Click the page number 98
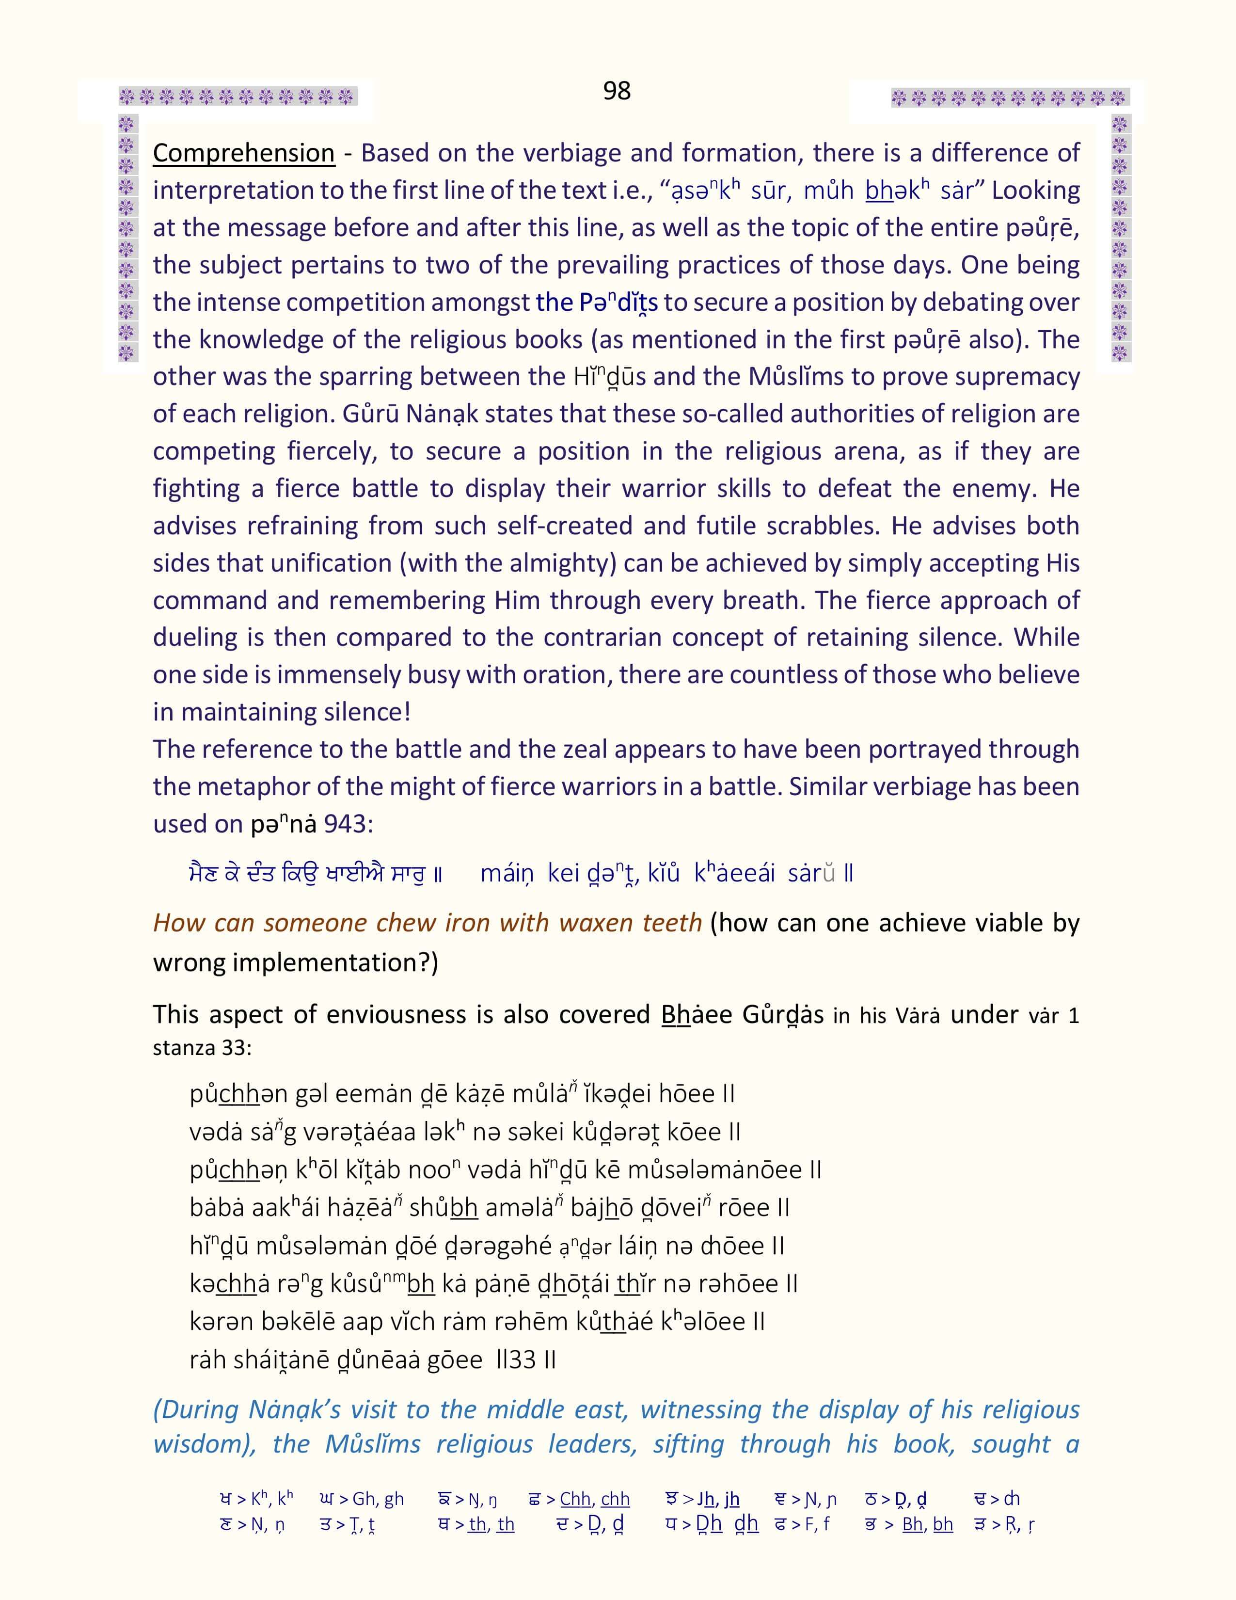pyautogui.click(x=617, y=91)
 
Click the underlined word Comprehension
pyautogui.click(x=243, y=153)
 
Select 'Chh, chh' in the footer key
pyautogui.click(x=595, y=1499)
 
